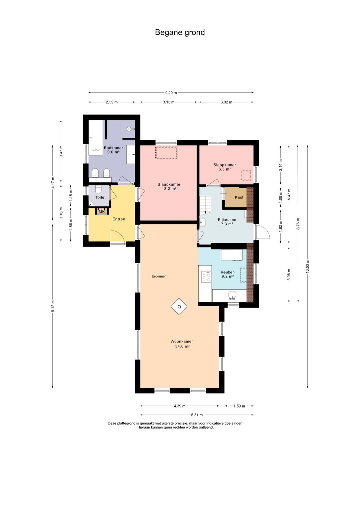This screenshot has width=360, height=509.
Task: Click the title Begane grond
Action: click(180, 32)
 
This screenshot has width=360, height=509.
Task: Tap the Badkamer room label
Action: click(113, 148)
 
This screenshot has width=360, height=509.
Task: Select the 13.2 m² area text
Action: click(169, 188)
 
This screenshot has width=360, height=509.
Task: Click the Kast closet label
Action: click(239, 197)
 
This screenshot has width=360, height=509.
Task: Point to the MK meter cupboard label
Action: click(102, 212)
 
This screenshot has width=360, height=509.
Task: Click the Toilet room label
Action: click(100, 197)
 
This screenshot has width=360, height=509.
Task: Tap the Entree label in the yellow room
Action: click(119, 219)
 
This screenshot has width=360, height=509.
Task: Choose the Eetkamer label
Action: click(159, 276)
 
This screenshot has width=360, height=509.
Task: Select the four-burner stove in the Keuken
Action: click(206, 277)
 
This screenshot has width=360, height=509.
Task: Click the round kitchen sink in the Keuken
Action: click(232, 295)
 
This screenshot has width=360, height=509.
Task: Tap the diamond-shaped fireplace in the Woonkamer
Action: click(179, 306)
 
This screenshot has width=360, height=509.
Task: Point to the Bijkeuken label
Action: click(227, 220)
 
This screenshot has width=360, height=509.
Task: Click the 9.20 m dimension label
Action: click(171, 93)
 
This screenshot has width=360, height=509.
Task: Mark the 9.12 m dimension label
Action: click(53, 306)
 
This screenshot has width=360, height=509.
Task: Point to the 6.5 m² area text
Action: click(225, 169)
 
